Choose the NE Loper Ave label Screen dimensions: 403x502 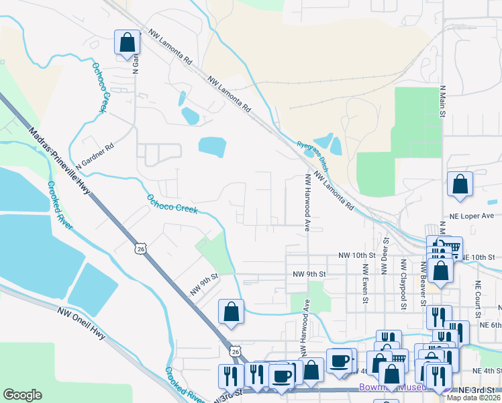point(474,216)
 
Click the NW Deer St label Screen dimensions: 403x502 point(386,256)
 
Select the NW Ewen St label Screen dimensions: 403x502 point(366,282)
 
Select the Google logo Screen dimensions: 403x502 point(22,395)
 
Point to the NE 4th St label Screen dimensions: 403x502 point(486,370)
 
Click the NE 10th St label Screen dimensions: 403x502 point(478,257)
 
